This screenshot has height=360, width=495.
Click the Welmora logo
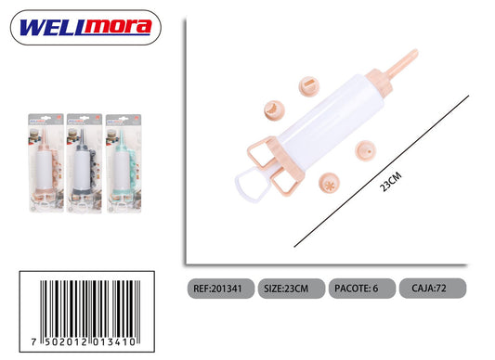(x=85, y=28)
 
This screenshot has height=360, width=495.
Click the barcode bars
(x=90, y=309)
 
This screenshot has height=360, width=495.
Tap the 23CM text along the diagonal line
(x=390, y=182)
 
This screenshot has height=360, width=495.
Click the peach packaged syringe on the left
(x=46, y=162)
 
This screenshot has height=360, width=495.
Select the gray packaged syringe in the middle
(x=85, y=162)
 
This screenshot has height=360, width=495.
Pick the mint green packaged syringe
(x=124, y=163)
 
